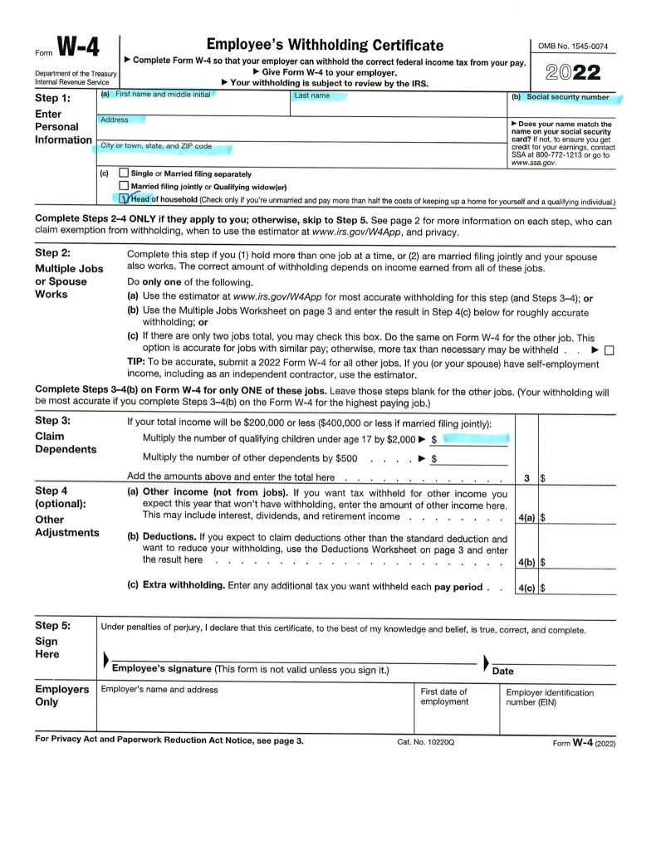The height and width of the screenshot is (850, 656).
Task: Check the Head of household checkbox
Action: tap(125, 199)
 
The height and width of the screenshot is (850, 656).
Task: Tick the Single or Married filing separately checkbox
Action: tap(124, 173)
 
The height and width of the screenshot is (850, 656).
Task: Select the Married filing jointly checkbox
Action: tap(124, 187)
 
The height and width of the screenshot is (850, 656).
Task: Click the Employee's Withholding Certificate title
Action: tap(325, 45)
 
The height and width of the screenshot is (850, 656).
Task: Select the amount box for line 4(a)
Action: tap(577, 518)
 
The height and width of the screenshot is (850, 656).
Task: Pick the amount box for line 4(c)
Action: tap(577, 589)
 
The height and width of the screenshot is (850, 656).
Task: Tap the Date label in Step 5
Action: tap(503, 671)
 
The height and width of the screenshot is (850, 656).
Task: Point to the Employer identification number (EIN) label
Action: tap(550, 697)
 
